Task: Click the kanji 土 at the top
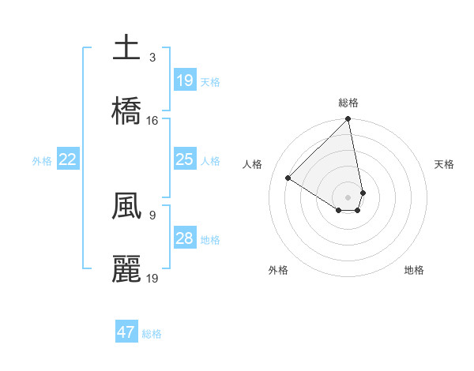(126, 48)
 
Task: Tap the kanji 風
(126, 206)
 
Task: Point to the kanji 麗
(126, 269)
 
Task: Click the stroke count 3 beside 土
(152, 57)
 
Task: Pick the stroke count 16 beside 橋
(152, 120)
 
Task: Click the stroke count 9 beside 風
(152, 214)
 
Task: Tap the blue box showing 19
(184, 80)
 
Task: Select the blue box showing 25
(184, 159)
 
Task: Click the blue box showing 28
(184, 238)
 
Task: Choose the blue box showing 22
(68, 159)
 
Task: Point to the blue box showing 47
(126, 332)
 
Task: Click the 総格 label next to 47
(152, 334)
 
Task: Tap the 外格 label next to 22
(42, 161)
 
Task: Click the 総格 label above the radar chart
(348, 103)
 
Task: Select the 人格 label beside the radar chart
(253, 164)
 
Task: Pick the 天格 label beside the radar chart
(444, 164)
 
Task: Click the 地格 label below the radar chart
(414, 270)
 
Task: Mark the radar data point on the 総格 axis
(348, 120)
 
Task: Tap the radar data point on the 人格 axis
(288, 178)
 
